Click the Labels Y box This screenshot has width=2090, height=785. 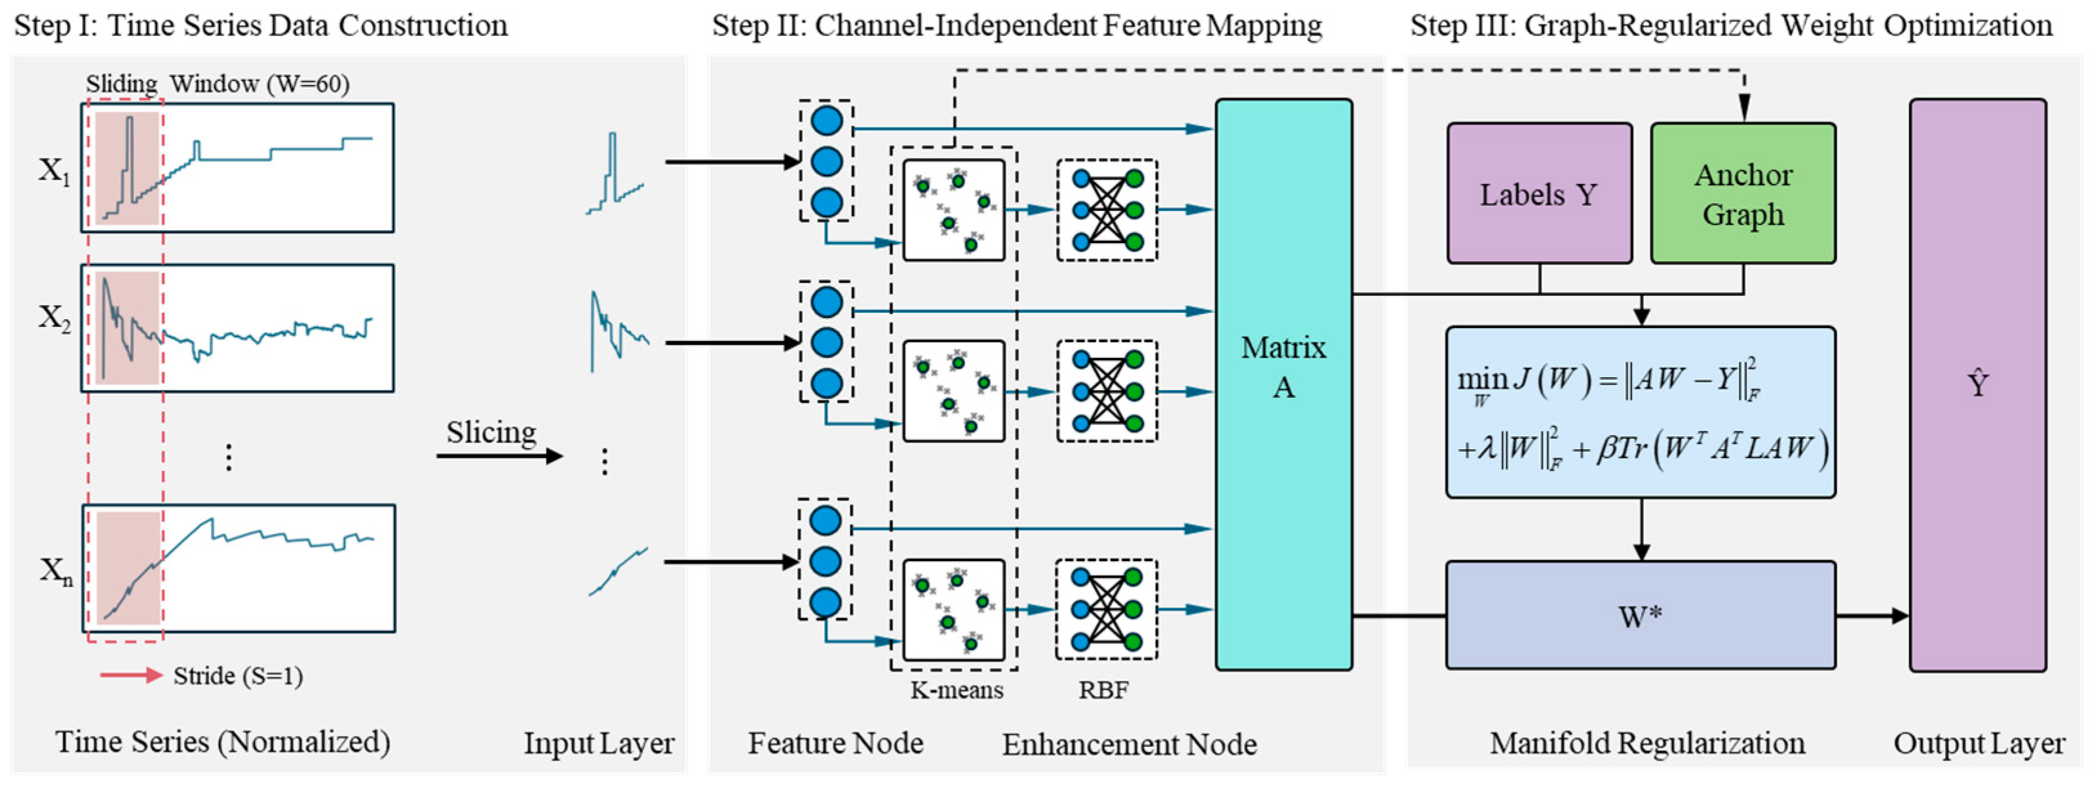(x=1539, y=194)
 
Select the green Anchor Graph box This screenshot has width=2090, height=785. (x=1743, y=194)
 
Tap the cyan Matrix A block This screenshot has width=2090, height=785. (x=1283, y=383)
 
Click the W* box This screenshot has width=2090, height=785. (x=1641, y=616)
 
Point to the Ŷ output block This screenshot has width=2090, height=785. (x=1977, y=384)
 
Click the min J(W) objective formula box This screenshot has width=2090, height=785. (x=1641, y=412)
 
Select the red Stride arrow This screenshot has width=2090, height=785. (x=131, y=675)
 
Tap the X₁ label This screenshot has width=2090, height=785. (x=54, y=171)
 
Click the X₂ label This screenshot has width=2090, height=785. (x=54, y=317)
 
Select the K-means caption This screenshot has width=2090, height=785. (x=957, y=690)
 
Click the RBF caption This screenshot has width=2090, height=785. (x=1104, y=690)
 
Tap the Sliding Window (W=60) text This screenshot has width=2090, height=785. (x=218, y=84)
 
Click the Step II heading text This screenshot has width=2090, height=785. (x=1017, y=26)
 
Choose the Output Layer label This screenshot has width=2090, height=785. (x=1979, y=743)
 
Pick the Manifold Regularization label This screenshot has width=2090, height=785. (x=1647, y=743)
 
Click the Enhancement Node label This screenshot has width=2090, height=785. (x=1129, y=744)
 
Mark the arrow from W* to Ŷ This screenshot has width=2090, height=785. (x=1872, y=616)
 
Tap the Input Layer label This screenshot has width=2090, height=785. (x=599, y=743)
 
